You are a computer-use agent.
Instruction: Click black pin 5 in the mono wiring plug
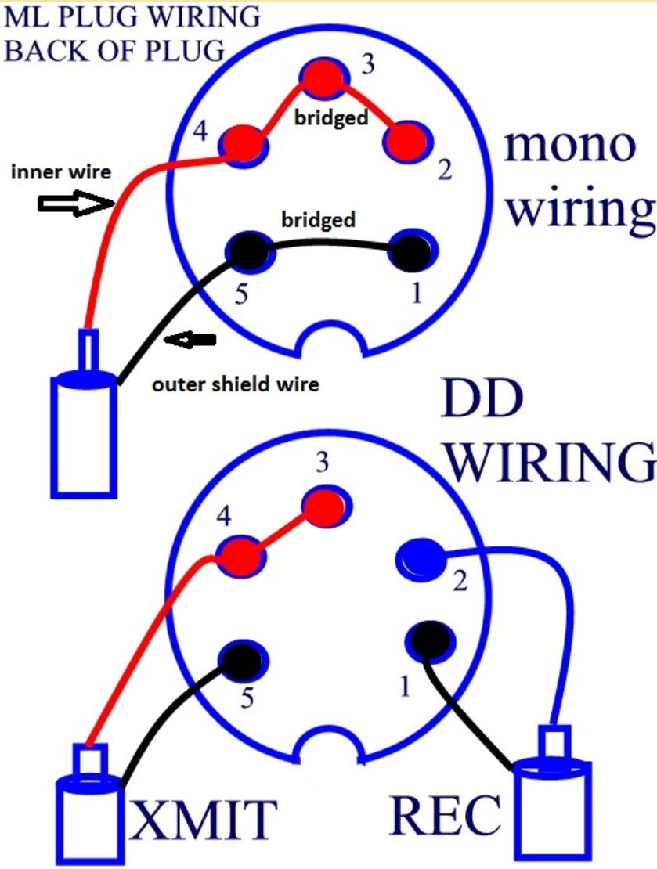click(247, 251)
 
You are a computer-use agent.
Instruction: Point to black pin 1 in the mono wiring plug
click(410, 250)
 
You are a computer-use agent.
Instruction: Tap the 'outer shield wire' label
click(235, 384)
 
